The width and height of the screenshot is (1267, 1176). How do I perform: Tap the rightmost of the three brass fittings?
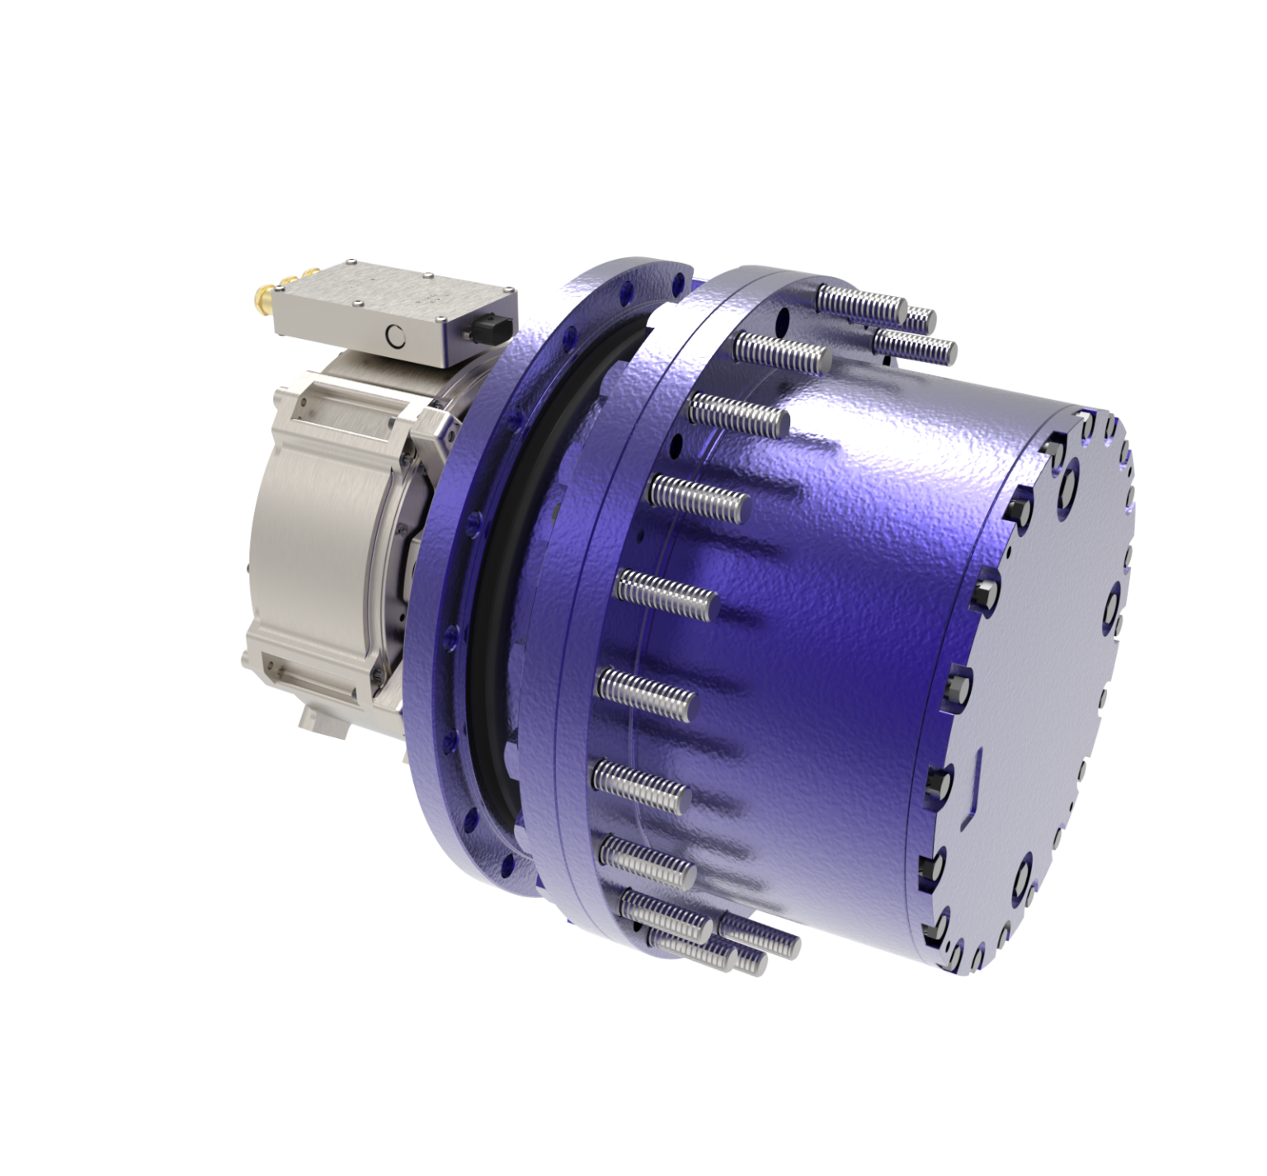[x=312, y=271]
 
